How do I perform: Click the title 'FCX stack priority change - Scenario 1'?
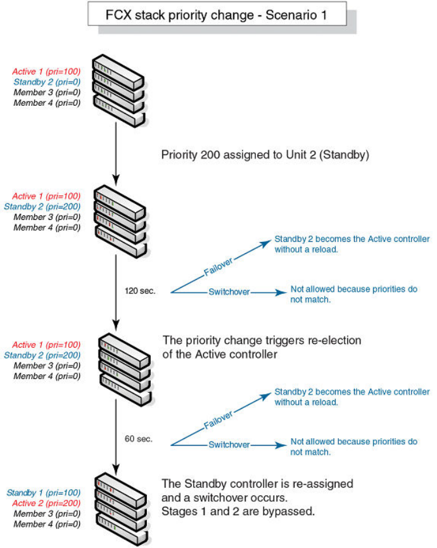[217, 15]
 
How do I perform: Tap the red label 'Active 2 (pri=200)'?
[44, 503]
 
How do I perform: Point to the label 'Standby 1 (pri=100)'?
[44, 492]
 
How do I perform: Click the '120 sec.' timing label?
[141, 292]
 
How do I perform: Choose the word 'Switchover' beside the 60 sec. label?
[229, 445]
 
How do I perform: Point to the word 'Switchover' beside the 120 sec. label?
[229, 292]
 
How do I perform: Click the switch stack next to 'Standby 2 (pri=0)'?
[118, 91]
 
